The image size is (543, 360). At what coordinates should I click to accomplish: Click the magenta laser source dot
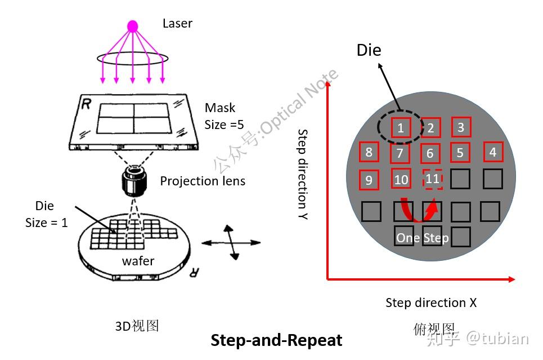132,26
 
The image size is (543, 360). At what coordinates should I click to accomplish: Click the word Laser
177,24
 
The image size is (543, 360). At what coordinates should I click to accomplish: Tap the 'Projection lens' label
203,181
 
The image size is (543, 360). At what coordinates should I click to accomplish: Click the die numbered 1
400,128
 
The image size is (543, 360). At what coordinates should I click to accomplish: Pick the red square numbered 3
461,127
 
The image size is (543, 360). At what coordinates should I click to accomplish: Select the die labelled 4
493,152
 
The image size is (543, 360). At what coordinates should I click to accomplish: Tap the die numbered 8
369,152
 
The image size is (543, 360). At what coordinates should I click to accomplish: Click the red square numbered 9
369,180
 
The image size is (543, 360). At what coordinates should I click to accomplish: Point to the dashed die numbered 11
432,179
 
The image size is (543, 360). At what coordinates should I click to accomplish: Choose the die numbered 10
401,180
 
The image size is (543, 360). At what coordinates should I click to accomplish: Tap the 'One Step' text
423,238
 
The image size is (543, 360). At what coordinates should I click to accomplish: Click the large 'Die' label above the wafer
369,50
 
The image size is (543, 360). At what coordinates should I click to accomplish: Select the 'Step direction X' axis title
430,303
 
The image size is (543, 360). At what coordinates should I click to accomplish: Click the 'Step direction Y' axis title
303,175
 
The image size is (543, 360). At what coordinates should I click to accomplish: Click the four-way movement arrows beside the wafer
228,242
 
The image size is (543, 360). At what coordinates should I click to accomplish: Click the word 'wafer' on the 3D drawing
138,261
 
